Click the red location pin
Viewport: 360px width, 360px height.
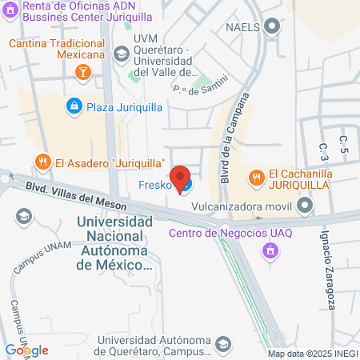tap(181, 177)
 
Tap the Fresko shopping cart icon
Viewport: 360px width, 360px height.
tap(186, 187)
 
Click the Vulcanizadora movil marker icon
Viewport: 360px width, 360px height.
tap(305, 206)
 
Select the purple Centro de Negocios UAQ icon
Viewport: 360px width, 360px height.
tap(270, 250)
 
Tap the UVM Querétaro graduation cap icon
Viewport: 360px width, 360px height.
tap(121, 54)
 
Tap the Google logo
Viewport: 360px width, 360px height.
tap(26, 350)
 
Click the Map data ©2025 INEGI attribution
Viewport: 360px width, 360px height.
tap(311, 354)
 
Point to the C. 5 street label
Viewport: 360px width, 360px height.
tap(343, 145)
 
